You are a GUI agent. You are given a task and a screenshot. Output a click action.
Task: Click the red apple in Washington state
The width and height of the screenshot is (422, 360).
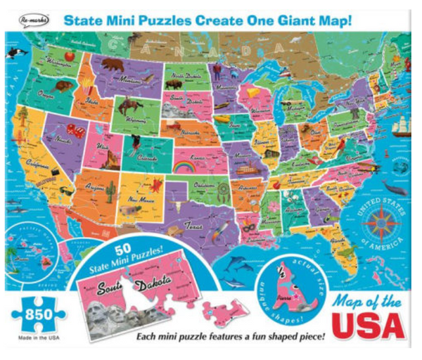point(69,55)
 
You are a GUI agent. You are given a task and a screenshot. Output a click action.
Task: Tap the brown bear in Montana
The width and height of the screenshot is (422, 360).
point(112,65)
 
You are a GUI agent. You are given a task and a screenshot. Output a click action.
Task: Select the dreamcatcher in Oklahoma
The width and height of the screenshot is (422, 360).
point(223,188)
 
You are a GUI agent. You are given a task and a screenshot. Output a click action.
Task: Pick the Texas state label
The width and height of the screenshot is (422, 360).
point(193,226)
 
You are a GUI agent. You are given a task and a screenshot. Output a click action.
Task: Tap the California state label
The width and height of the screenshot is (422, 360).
point(41,163)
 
